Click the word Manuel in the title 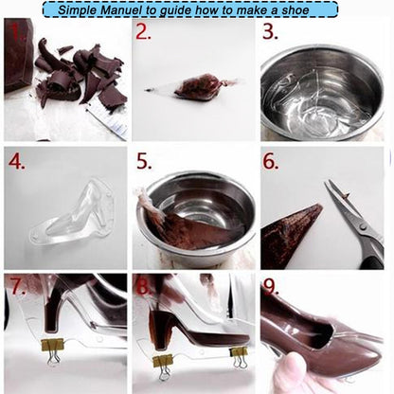tap(128, 9)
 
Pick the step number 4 tap(16, 161)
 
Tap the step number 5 tap(143, 161)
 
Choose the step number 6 tap(271, 161)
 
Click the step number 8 tap(142, 285)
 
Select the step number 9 tap(271, 285)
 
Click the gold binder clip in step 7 tap(52, 349)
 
